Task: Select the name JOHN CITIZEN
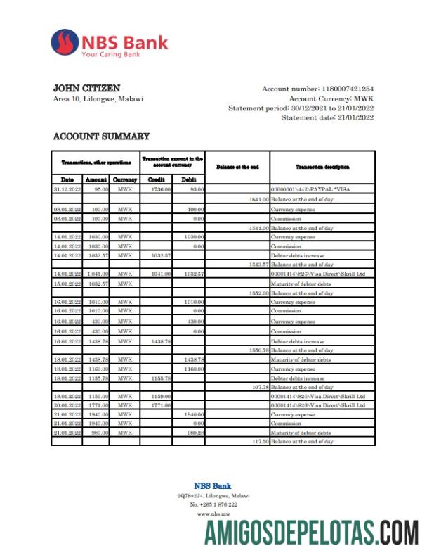(x=86, y=89)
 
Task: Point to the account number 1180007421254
(x=348, y=89)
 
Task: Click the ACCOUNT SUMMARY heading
(x=101, y=136)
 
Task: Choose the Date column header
(x=67, y=180)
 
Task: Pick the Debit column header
(x=189, y=180)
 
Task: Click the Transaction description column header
(x=322, y=167)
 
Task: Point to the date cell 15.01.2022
(x=67, y=284)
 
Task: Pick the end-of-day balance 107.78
(x=260, y=387)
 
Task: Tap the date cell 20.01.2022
(x=67, y=405)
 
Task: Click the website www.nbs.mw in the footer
(x=211, y=514)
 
